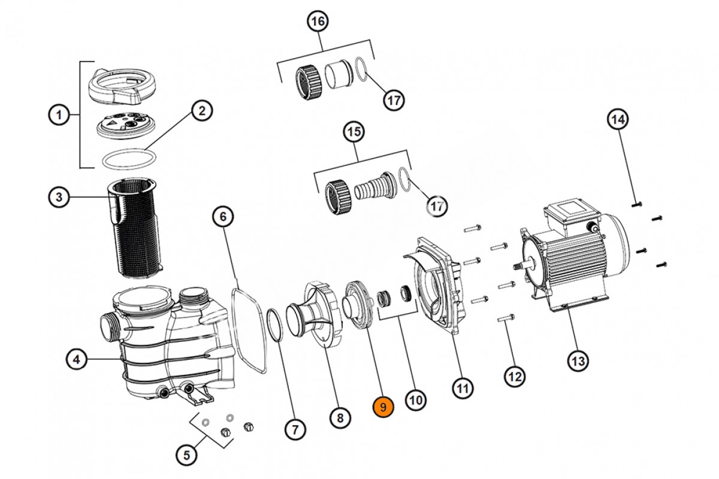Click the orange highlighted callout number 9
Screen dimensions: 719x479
pyautogui.click(x=383, y=407)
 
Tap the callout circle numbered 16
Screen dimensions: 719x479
pyautogui.click(x=318, y=22)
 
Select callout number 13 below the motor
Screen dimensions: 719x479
pyautogui.click(x=578, y=362)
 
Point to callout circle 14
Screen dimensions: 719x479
pyautogui.click(x=618, y=120)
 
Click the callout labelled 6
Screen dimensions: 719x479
pyautogui.click(x=223, y=217)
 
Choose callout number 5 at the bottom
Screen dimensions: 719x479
pyautogui.click(x=186, y=455)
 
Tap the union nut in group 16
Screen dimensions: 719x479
pyautogui.click(x=309, y=82)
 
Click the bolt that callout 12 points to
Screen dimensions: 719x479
pyautogui.click(x=506, y=319)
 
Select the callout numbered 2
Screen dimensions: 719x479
pyautogui.click(x=201, y=111)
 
